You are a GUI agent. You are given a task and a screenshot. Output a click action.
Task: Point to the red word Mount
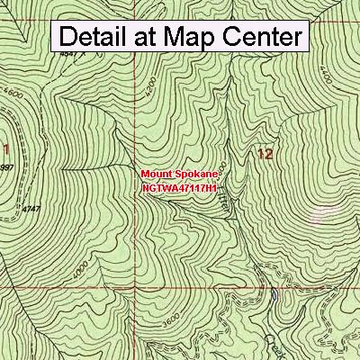click(157, 172)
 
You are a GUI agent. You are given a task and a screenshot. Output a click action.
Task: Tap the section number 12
click(265, 155)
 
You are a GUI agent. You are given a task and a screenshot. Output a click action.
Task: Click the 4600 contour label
click(12, 93)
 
